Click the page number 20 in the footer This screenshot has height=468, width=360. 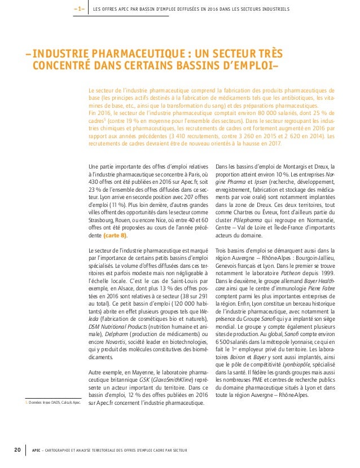click(17, 449)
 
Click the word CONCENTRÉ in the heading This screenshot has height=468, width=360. click(62, 66)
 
